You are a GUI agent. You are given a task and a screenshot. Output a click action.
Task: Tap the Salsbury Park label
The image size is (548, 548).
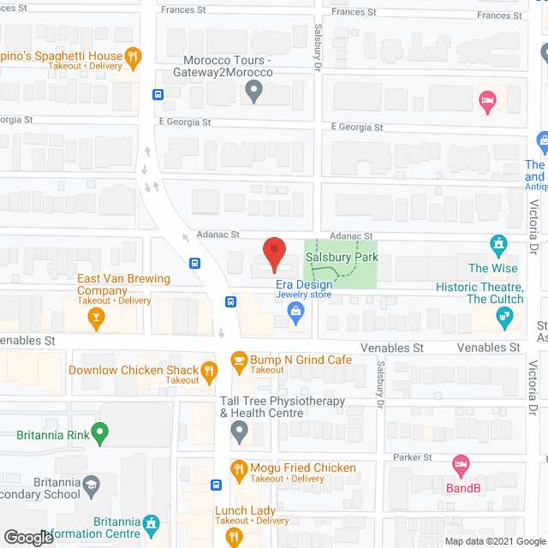[x=342, y=257]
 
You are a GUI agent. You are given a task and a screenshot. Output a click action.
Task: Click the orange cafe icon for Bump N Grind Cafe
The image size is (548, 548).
[x=238, y=360]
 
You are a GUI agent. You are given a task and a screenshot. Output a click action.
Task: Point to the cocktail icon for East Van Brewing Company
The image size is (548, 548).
[x=97, y=319]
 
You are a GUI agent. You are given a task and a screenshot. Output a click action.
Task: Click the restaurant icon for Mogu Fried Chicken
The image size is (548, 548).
[x=238, y=468]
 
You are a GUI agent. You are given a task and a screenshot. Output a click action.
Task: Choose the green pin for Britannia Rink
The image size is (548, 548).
[x=100, y=433]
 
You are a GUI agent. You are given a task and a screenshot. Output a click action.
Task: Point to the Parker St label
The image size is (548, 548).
[x=414, y=457]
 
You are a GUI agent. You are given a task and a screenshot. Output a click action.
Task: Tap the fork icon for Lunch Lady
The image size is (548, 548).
[x=233, y=537]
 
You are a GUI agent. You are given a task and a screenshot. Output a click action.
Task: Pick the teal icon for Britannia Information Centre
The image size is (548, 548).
[x=152, y=521]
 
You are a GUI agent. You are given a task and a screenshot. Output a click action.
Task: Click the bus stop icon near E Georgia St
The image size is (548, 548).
[x=158, y=94]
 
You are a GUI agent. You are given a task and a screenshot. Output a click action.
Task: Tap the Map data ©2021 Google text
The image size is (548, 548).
[x=493, y=540]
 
